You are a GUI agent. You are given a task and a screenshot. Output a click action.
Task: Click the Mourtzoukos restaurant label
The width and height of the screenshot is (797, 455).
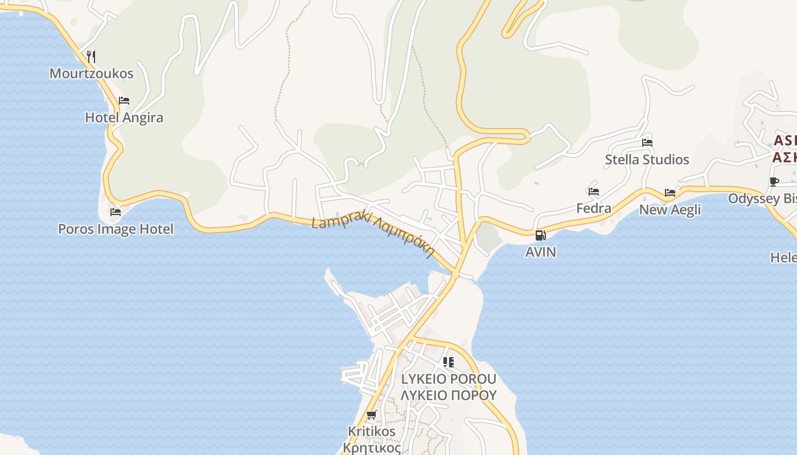(91, 73)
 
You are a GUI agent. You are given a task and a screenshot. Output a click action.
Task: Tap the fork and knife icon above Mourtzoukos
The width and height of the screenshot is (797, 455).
(91, 56)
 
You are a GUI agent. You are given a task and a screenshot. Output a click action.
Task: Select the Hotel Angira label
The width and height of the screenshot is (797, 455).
(124, 118)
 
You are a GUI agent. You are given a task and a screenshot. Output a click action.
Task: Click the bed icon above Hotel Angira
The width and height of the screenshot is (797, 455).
(124, 101)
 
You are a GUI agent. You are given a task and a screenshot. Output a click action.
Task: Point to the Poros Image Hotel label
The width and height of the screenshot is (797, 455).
(116, 229)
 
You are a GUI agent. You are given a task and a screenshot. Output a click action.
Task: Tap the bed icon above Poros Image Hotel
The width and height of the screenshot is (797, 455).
(116, 212)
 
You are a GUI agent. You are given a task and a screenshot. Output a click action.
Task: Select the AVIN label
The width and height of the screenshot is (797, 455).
(540, 251)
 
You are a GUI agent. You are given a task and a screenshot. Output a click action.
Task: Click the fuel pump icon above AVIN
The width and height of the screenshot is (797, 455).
(540, 235)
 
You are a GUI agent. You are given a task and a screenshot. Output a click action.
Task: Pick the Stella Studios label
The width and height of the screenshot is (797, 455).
(647, 160)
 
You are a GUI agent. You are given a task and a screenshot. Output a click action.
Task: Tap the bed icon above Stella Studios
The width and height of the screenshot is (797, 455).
(647, 142)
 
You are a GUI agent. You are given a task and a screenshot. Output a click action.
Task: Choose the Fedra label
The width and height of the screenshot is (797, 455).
(594, 208)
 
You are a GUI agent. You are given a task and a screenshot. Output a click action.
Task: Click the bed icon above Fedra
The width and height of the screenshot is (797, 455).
(594, 192)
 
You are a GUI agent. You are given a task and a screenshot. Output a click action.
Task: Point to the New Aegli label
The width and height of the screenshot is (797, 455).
(669, 210)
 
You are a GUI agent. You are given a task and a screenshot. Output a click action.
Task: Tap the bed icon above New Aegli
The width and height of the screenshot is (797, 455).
(669, 193)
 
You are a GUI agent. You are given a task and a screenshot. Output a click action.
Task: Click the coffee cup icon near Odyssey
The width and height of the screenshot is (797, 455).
(774, 181)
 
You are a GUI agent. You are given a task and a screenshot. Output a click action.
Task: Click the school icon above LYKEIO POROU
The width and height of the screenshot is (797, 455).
(449, 362)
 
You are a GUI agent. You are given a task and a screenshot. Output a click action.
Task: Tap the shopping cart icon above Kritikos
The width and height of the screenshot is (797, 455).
(371, 415)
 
